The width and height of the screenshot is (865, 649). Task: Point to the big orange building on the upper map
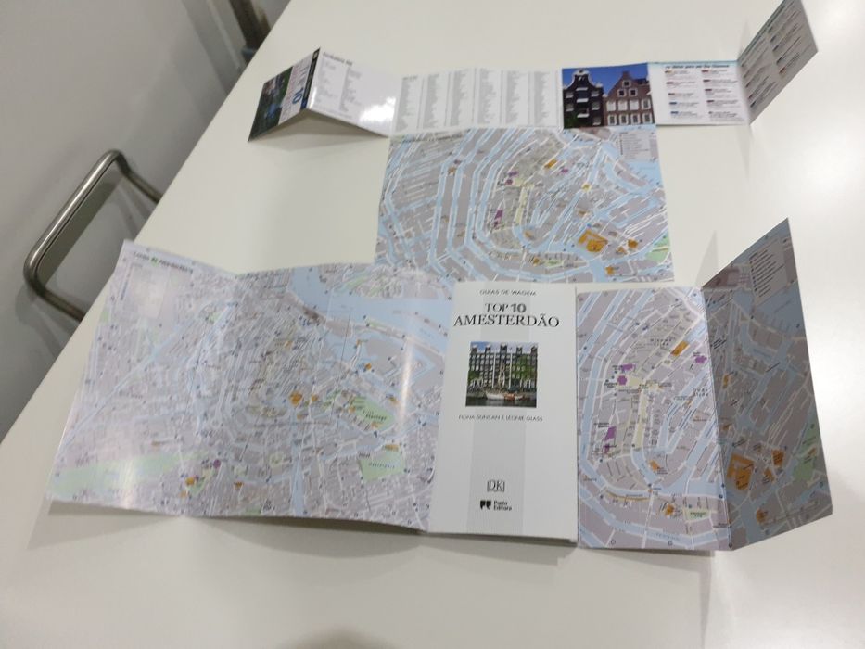point(594,244)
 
